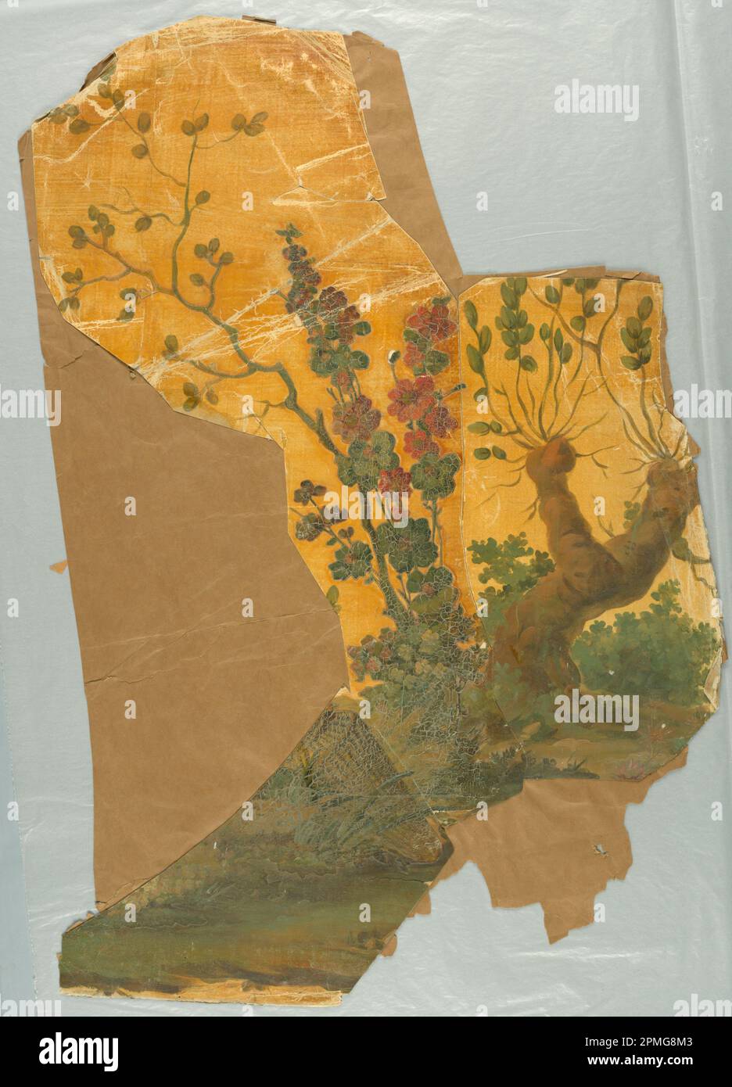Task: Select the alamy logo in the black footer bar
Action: tap(86, 1051)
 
